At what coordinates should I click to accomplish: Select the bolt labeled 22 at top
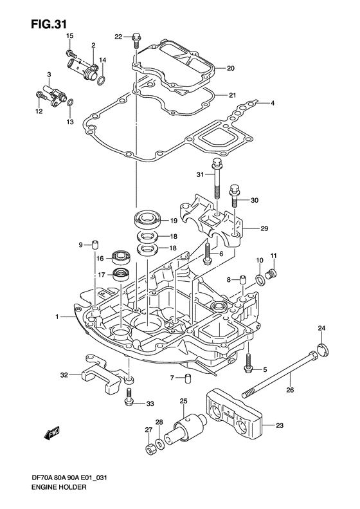(135, 39)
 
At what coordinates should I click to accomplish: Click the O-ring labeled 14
(101, 80)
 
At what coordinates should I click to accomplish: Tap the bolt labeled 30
(234, 194)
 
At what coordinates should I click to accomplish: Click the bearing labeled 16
(120, 257)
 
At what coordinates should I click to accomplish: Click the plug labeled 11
(271, 275)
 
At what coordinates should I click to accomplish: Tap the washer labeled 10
(260, 279)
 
